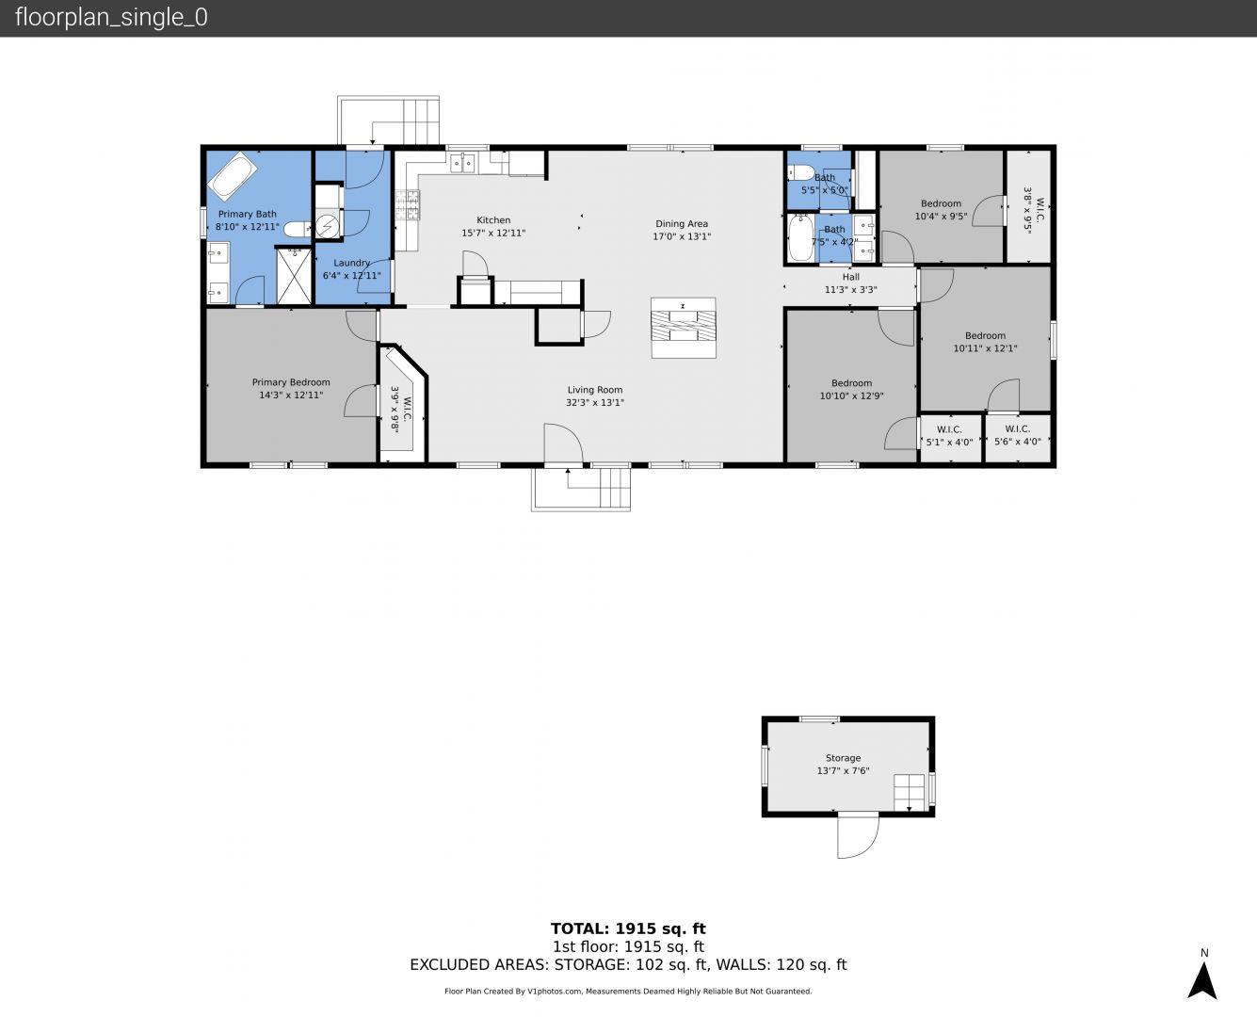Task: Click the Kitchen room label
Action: [493, 220]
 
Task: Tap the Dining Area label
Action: [682, 224]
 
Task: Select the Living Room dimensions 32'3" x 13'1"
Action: [595, 402]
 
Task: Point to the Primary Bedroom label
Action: [291, 382]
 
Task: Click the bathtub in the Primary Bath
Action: [233, 176]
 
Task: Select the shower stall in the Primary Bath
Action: [294, 276]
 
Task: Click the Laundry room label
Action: [352, 263]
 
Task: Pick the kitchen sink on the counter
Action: [462, 163]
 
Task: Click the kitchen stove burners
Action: [407, 205]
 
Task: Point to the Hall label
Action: [851, 277]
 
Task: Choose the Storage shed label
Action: [843, 758]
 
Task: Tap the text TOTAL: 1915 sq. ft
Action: [629, 928]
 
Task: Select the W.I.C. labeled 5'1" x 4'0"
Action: [949, 436]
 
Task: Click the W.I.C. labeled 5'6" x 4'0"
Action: [1018, 435]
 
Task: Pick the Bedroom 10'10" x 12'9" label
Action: [851, 390]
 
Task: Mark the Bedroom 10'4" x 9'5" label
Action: [941, 210]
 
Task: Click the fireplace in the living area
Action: [684, 328]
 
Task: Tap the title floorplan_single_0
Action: [111, 17]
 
